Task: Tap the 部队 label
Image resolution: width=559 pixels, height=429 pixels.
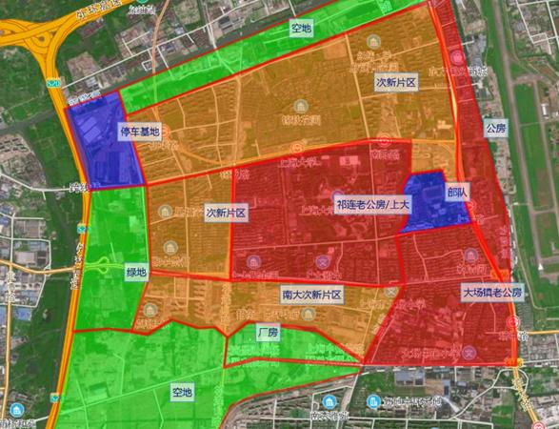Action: (x=456, y=191)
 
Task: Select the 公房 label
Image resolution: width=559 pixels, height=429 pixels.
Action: (x=494, y=128)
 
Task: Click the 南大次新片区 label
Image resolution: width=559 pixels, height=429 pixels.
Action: (x=311, y=295)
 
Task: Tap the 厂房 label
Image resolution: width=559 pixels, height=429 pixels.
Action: (x=268, y=334)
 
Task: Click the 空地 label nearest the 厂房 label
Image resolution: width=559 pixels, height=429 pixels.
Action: (x=181, y=392)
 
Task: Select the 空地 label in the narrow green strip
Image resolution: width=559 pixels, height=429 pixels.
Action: (x=301, y=29)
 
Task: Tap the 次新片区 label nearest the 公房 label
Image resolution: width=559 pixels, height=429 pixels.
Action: (x=395, y=82)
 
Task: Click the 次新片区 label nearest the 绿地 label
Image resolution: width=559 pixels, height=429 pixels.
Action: (x=227, y=213)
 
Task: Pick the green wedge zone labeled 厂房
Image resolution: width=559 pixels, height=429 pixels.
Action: (x=286, y=350)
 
